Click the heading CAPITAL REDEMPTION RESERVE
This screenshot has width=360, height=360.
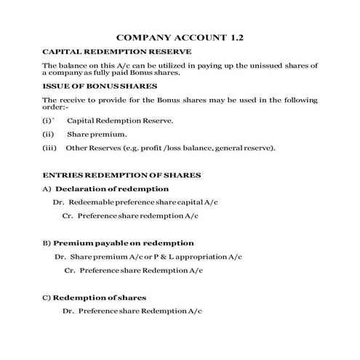[x=117, y=52]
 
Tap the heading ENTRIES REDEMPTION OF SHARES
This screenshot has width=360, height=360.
[x=121, y=175]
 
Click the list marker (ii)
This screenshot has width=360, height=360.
[x=49, y=135]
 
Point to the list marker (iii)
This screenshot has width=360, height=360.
[x=49, y=148]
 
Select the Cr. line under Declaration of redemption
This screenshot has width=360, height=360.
[x=130, y=216]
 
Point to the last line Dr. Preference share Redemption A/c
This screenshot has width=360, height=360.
[x=132, y=311]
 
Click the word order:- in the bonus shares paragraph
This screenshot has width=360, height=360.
[x=56, y=106]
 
